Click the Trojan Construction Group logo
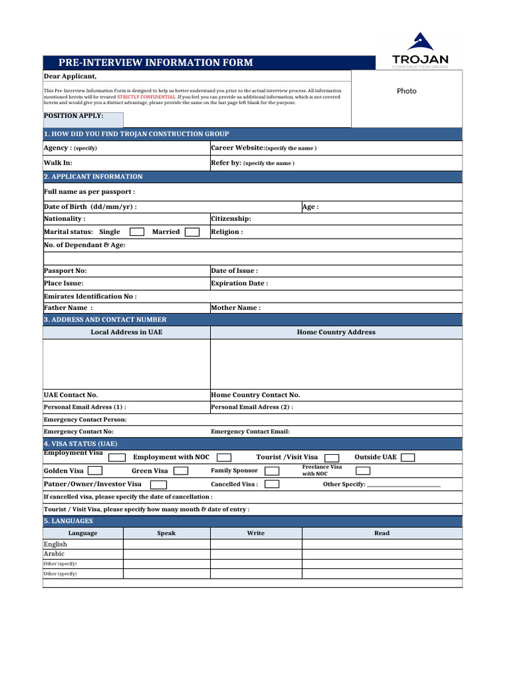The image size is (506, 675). pyautogui.click(x=420, y=51)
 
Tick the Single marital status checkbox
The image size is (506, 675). pyautogui.click(x=137, y=232)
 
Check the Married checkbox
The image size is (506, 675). pyautogui.click(x=192, y=232)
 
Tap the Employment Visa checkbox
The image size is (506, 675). pyautogui.click(x=117, y=457)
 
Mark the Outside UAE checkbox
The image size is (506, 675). pyautogui.click(x=408, y=457)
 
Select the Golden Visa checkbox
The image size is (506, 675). pyautogui.click(x=95, y=471)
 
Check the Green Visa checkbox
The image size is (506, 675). pyautogui.click(x=181, y=471)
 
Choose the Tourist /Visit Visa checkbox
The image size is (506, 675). pyautogui.click(x=332, y=457)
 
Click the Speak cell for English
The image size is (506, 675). pyautogui.click(x=167, y=544)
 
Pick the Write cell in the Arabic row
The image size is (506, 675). pyautogui.click(x=256, y=554)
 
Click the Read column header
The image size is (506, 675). pyautogui.click(x=381, y=533)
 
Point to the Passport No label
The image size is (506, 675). pyautogui.click(x=65, y=271)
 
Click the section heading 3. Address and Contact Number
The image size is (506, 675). pyautogui.click(x=105, y=320)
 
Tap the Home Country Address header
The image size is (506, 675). pyautogui.click(x=336, y=332)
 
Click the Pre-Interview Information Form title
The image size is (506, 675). pyautogui.click(x=155, y=63)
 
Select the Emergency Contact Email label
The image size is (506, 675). pyautogui.click(x=250, y=432)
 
